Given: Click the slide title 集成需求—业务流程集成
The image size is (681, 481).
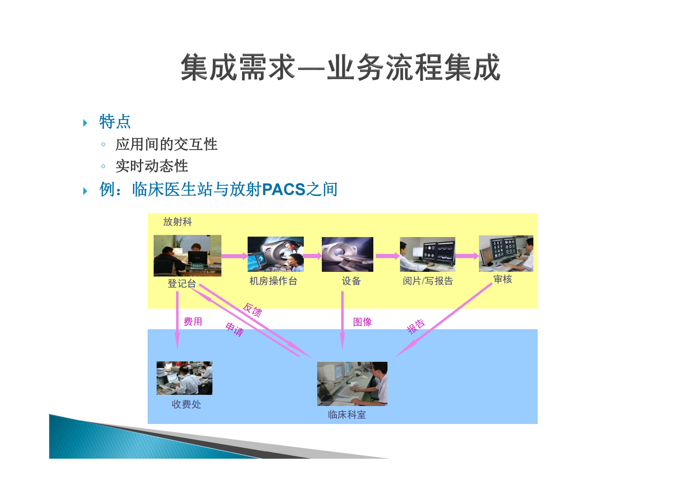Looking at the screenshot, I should pyautogui.click(x=340, y=67).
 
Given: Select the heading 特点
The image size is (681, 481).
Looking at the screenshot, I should pyautogui.click(x=115, y=122).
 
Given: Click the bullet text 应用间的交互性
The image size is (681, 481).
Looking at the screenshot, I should pyautogui.click(x=166, y=144).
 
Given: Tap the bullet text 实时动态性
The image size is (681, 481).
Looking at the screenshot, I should pyautogui.click(x=152, y=166).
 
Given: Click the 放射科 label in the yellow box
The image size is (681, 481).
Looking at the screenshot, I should pyautogui.click(x=177, y=222).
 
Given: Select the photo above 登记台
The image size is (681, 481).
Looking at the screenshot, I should pyautogui.click(x=188, y=256).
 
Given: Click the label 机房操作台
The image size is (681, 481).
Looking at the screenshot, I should pyautogui.click(x=273, y=281).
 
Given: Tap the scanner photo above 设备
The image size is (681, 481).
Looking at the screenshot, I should pyautogui.click(x=348, y=254).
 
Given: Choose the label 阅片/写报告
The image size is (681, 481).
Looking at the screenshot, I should pyautogui.click(x=428, y=281).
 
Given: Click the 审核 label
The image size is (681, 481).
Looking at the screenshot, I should pyautogui.click(x=502, y=280).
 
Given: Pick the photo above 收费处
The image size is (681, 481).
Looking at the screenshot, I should pyautogui.click(x=185, y=378).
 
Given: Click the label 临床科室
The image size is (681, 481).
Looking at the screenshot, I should pyautogui.click(x=347, y=415).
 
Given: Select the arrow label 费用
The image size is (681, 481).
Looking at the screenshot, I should pyautogui.click(x=193, y=322).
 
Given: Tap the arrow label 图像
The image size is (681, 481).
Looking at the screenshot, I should pyautogui.click(x=362, y=322).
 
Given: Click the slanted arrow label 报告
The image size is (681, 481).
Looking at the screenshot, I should pyautogui.click(x=416, y=326).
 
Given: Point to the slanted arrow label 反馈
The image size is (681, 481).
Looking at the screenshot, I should pyautogui.click(x=252, y=309).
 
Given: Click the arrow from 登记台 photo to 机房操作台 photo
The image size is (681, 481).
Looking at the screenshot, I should pyautogui.click(x=234, y=256).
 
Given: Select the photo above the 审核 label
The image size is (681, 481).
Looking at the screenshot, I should pyautogui.click(x=506, y=253).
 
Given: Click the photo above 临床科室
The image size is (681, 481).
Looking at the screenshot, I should pyautogui.click(x=352, y=384).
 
